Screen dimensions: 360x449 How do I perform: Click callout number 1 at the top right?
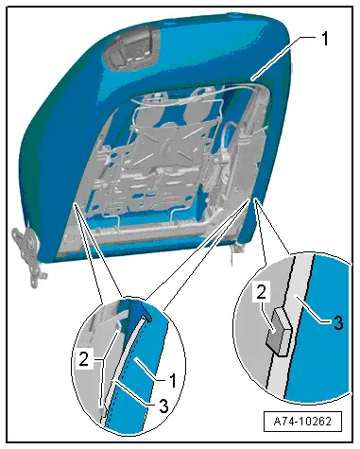[x=324, y=39]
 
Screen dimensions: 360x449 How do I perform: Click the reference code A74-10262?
[x=302, y=421]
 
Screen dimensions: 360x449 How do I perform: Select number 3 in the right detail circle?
[x=338, y=322]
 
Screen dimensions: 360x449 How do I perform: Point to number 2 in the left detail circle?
[x=84, y=359]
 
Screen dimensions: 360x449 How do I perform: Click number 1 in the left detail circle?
[x=173, y=380]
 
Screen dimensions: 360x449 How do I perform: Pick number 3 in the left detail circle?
[x=163, y=406]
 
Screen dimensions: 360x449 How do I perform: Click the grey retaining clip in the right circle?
[x=278, y=331]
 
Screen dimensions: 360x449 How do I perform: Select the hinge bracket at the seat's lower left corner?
[x=28, y=252]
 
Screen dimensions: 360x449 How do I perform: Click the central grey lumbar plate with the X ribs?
[x=163, y=142]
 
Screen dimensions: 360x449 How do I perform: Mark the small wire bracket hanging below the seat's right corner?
[x=235, y=250]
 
